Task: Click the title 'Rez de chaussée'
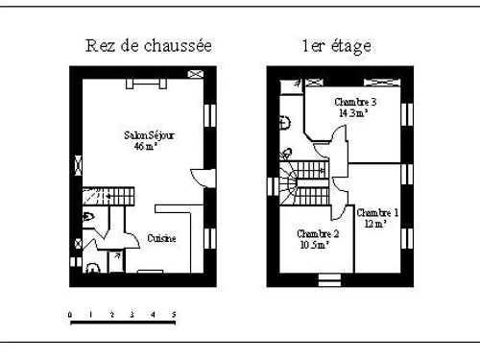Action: pyautogui.click(x=149, y=45)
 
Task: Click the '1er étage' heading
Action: pyautogui.click(x=336, y=45)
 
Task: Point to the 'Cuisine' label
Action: pyautogui.click(x=161, y=238)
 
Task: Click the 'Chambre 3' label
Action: pyautogui.click(x=354, y=102)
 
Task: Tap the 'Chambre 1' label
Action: pyautogui.click(x=377, y=212)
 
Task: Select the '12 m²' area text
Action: pyautogui.click(x=374, y=224)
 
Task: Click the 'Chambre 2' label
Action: pyautogui.click(x=318, y=233)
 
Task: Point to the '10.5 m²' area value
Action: pyautogui.click(x=315, y=245)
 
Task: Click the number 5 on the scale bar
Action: pyautogui.click(x=174, y=314)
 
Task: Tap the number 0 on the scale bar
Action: pyautogui.click(x=70, y=314)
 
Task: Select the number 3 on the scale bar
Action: pyautogui.click(x=132, y=314)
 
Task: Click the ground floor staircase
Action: pyautogui.click(x=102, y=196)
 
